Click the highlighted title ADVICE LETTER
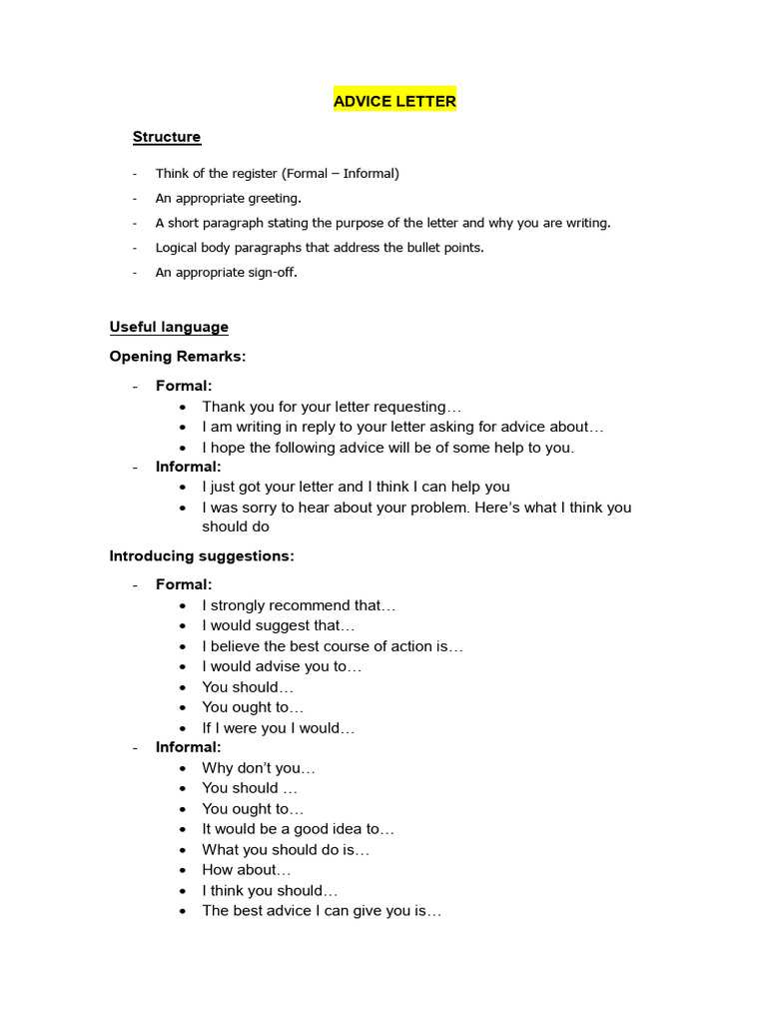(394, 100)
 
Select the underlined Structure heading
(167, 137)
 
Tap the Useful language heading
(169, 327)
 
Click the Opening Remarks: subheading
(178, 357)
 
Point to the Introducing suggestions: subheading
(202, 555)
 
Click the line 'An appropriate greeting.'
(228, 198)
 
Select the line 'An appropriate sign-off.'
(226, 272)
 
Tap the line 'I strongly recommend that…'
(299, 605)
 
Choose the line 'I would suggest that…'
(279, 625)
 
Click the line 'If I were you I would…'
(279, 728)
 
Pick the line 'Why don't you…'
(259, 768)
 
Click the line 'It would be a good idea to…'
(299, 829)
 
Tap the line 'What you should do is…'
(286, 850)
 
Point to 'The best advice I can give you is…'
(322, 911)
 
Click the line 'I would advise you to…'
(282, 666)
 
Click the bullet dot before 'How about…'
(183, 870)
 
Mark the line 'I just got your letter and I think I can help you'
(356, 487)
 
